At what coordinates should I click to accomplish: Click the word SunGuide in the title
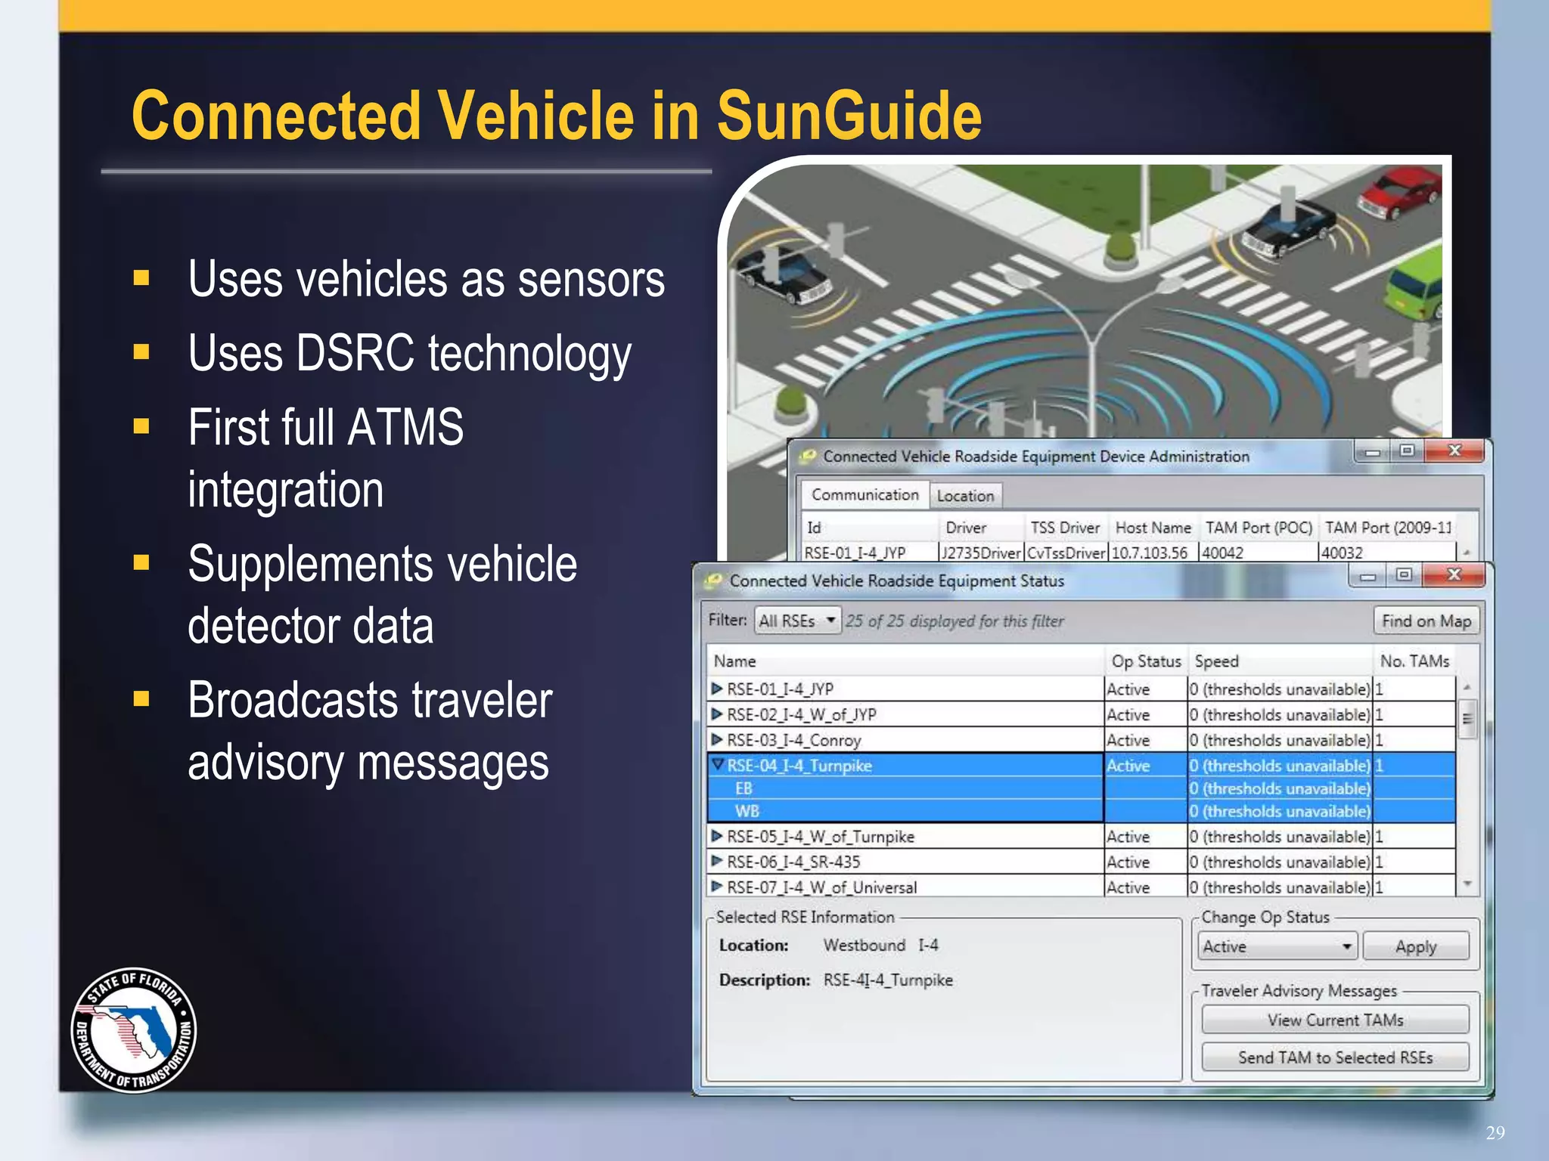point(849,116)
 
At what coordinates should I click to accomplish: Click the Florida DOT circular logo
point(134,1029)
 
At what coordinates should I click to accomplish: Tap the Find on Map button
point(1426,621)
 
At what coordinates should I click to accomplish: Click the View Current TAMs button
point(1335,1020)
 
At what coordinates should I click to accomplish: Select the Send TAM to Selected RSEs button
point(1335,1057)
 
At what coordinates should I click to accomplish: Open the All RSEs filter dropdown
point(797,621)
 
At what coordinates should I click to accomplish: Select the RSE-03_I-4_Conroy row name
point(793,740)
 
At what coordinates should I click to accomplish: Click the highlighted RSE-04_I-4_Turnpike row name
point(799,766)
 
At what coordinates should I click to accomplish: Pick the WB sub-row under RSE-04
point(747,811)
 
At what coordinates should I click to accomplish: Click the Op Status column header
point(1145,661)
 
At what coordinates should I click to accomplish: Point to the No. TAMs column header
point(1414,661)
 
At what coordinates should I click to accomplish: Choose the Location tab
point(965,496)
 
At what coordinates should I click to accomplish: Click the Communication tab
point(865,495)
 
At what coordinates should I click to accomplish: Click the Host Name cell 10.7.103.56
point(1149,553)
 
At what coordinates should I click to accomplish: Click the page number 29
point(1495,1132)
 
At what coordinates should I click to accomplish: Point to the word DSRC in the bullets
point(355,353)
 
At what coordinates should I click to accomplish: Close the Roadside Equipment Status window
point(1453,575)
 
